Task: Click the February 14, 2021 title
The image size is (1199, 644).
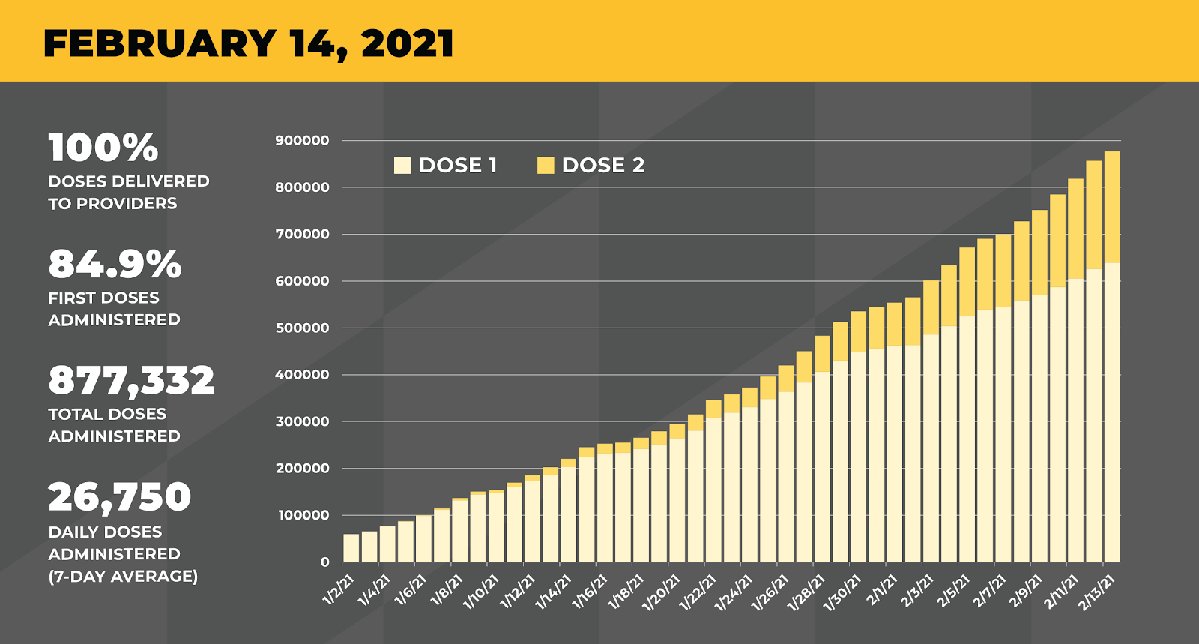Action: pos(249,43)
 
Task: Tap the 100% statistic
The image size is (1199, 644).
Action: pos(103,148)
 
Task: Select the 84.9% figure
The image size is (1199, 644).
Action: pos(115,264)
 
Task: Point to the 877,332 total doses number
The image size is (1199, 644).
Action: pos(131,380)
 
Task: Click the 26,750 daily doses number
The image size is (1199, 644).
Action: pos(120,496)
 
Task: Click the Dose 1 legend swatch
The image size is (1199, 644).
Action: pos(402,166)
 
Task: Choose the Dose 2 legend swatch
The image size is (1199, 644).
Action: pos(546,166)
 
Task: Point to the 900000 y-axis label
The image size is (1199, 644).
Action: pos(302,141)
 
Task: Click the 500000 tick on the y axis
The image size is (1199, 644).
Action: pos(302,328)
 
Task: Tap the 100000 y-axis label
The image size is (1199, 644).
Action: pos(303,516)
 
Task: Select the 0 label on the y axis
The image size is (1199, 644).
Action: pos(324,562)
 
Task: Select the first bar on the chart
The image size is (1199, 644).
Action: pos(351,548)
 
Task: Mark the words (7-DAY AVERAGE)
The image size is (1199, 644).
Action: pos(123,577)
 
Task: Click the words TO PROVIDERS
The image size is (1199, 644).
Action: pos(112,204)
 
